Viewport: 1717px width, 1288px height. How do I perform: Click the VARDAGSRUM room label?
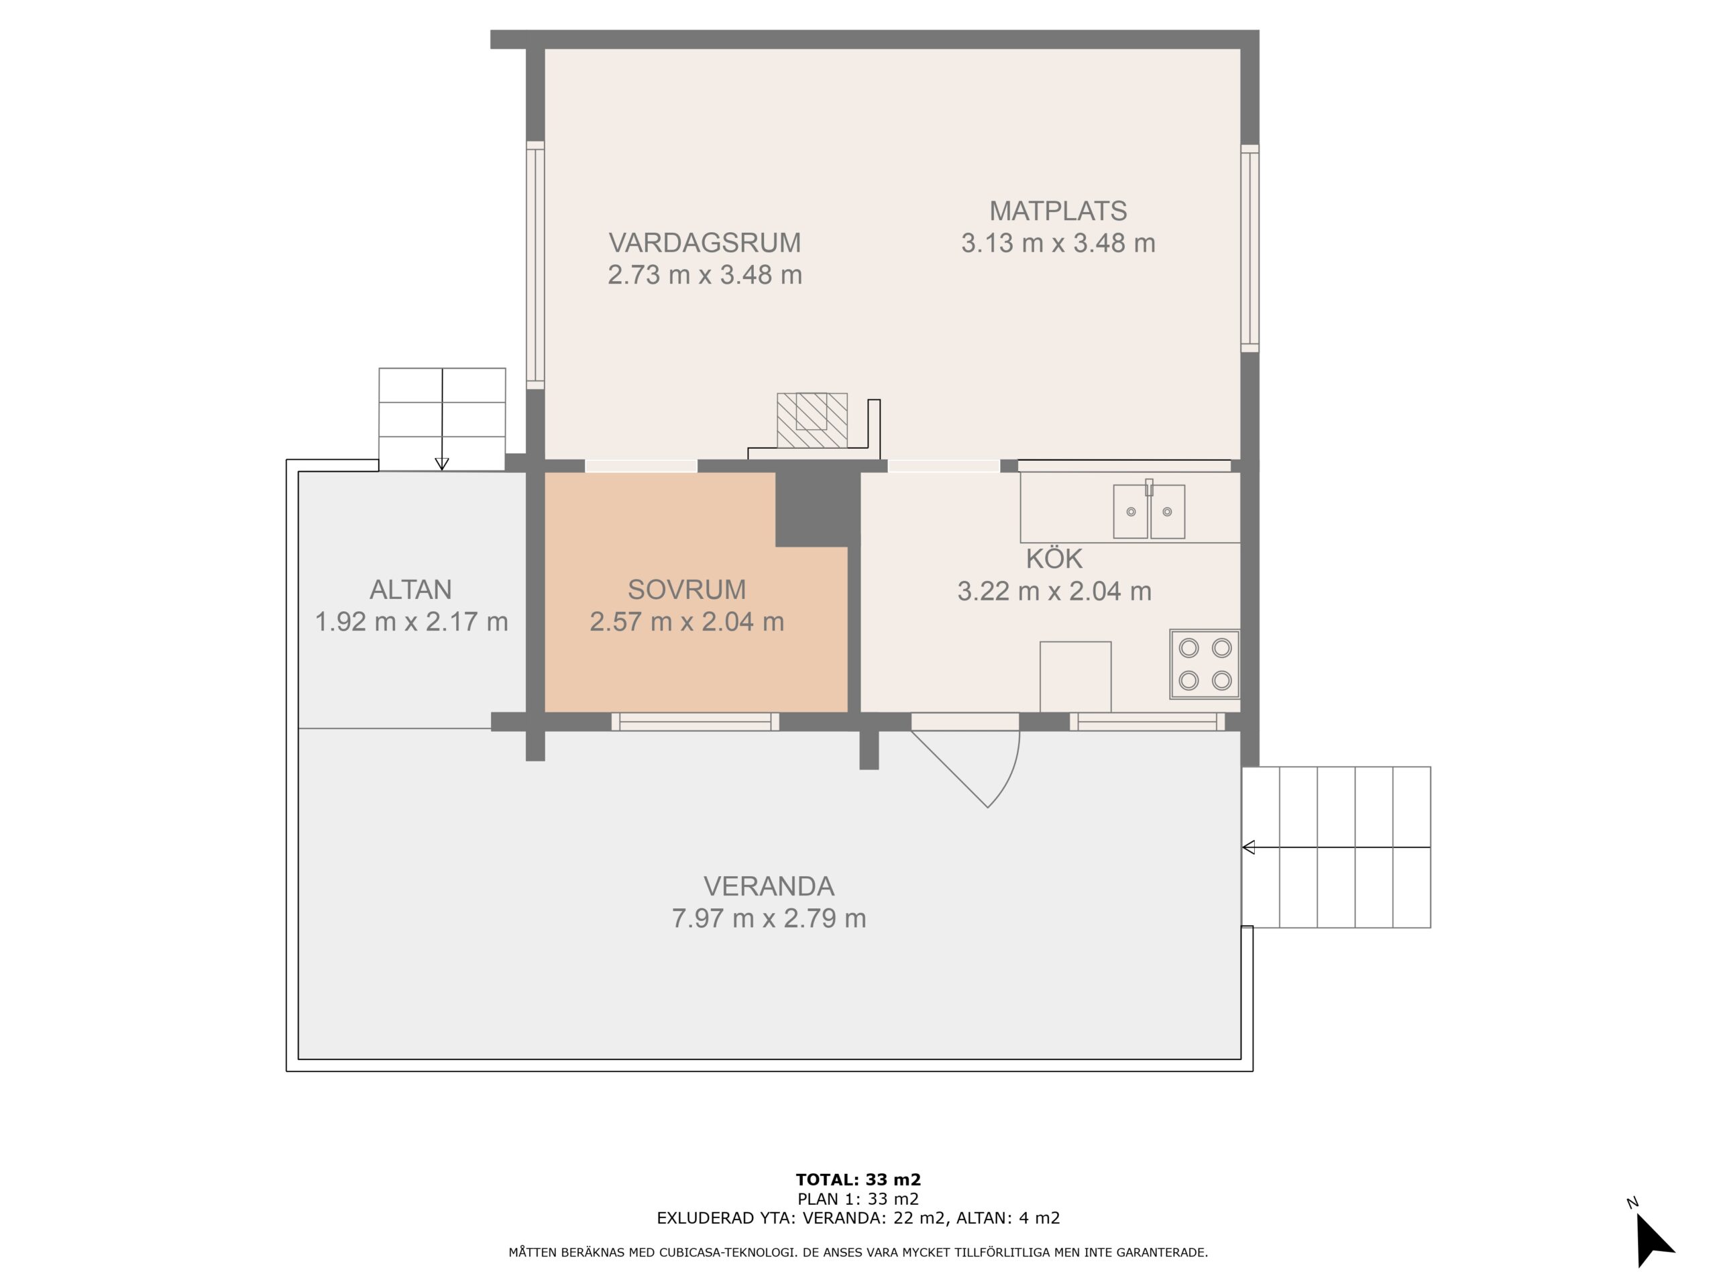705,243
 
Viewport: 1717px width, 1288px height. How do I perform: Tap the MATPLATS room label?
1058,211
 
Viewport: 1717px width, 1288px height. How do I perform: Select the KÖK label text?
1054,558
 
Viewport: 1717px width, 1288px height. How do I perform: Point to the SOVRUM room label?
687,590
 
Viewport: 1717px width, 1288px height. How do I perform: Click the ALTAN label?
410,590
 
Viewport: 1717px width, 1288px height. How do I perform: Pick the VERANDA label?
769,886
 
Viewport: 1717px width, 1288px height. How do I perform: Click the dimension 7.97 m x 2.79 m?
769,918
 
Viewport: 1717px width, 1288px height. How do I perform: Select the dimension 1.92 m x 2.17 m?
411,622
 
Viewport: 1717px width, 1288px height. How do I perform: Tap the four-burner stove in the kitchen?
1205,664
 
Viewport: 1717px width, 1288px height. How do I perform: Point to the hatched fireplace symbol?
812,420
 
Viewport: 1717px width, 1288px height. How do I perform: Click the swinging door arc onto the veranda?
1008,776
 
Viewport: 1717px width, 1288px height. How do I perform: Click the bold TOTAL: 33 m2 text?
858,1180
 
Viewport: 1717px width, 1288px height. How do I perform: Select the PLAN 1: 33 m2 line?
858,1199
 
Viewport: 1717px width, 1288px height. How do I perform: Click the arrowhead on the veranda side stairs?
1248,847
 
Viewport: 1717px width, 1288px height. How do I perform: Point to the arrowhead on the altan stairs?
442,464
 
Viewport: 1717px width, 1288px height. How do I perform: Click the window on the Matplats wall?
1250,248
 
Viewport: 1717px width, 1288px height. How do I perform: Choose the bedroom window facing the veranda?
696,722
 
